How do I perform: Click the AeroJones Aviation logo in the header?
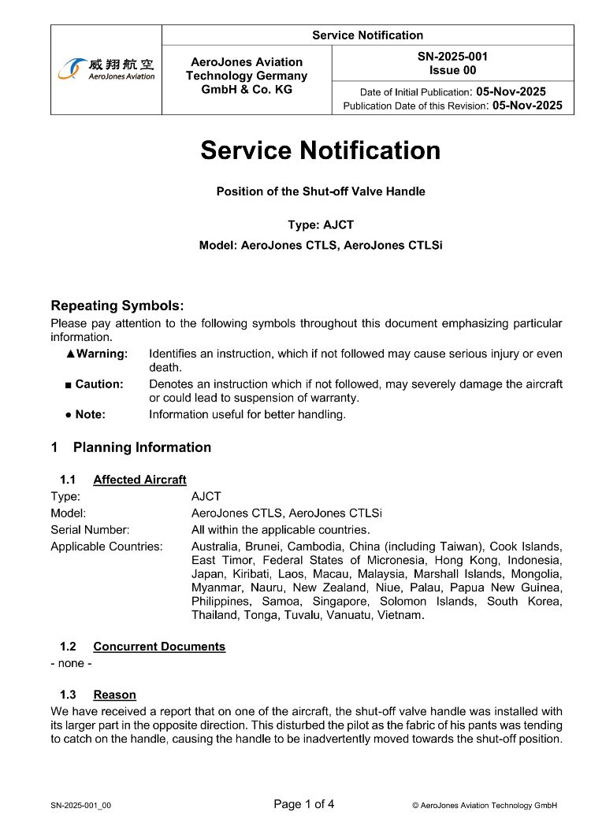pyautogui.click(x=106, y=69)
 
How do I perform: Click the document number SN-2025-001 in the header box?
pyautogui.click(x=452, y=57)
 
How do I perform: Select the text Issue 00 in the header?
pyautogui.click(x=452, y=70)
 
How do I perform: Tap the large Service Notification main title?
pyautogui.click(x=320, y=150)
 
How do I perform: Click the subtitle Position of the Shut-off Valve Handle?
pyautogui.click(x=321, y=191)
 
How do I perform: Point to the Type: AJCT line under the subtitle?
pyautogui.click(x=321, y=225)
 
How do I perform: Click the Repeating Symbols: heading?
pyautogui.click(x=117, y=306)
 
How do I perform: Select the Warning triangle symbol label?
pyautogui.click(x=97, y=354)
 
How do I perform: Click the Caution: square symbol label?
pyautogui.click(x=95, y=384)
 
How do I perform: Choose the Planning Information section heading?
pyautogui.click(x=142, y=447)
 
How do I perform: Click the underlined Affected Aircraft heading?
pyautogui.click(x=139, y=480)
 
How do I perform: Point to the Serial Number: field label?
pyautogui.click(x=90, y=529)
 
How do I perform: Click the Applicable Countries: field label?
pyautogui.click(x=106, y=546)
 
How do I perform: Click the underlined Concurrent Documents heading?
pyautogui.click(x=159, y=647)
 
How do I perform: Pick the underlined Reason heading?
pyautogui.click(x=114, y=695)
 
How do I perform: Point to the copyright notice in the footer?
pyautogui.click(x=485, y=806)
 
